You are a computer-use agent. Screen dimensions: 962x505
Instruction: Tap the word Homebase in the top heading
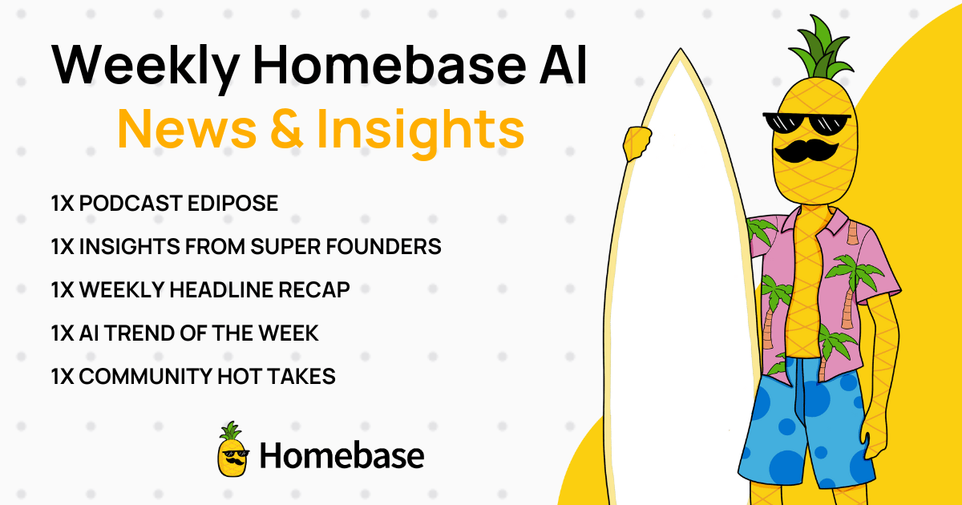pos(389,64)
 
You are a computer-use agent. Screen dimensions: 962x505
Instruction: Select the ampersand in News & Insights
pos(287,128)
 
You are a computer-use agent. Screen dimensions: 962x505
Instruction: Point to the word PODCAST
pos(131,203)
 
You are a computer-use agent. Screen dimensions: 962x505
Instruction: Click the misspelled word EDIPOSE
pos(232,203)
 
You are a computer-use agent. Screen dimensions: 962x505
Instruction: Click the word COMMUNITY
pos(146,377)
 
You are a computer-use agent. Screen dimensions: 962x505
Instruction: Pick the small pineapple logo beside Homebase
pos(233,449)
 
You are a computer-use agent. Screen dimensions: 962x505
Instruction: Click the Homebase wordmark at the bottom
pos(342,455)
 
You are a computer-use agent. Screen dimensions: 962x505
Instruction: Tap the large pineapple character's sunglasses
pos(806,123)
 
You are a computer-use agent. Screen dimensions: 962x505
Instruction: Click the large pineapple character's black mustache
pos(806,151)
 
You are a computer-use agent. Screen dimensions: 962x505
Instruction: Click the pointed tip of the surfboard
pos(680,50)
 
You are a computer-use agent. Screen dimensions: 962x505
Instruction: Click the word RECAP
pos(314,290)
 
